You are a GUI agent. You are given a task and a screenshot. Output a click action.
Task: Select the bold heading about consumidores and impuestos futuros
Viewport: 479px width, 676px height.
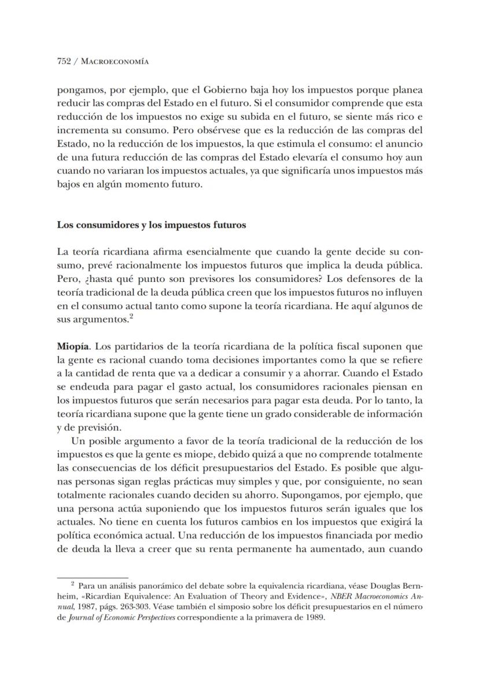pyautogui.click(x=152, y=225)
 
